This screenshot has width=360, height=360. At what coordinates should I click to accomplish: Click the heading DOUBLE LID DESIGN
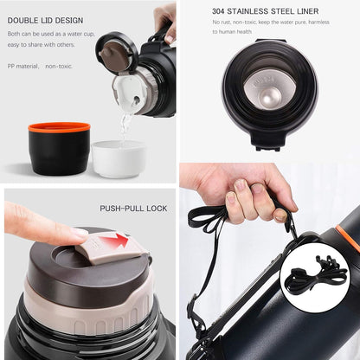coord(45,19)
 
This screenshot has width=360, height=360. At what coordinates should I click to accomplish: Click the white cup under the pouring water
coord(118,158)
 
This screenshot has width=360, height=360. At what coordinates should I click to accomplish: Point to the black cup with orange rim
coord(59,148)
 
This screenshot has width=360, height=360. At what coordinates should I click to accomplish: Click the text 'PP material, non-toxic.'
coord(41,65)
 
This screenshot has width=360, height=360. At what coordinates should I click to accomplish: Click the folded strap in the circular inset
coord(315,278)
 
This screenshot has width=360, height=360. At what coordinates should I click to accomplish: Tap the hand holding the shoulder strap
coord(247,195)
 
